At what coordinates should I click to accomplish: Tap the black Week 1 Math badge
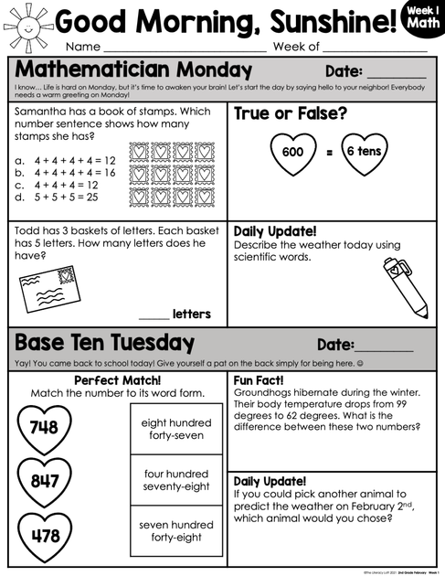(x=421, y=21)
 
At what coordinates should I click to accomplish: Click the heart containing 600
(x=292, y=152)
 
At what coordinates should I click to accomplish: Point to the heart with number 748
(x=44, y=426)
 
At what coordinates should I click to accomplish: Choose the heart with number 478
(x=44, y=536)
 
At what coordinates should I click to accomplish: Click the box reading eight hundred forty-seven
(x=176, y=429)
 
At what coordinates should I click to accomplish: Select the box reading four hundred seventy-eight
(x=176, y=480)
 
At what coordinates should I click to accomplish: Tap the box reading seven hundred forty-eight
(x=176, y=531)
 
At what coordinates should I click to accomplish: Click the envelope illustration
(x=52, y=286)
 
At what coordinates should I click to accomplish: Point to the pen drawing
(x=404, y=284)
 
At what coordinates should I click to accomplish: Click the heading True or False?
(x=290, y=113)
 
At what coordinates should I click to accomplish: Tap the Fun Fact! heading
(x=259, y=379)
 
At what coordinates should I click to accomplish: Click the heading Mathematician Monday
(x=133, y=70)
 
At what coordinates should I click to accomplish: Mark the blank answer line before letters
(x=154, y=315)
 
